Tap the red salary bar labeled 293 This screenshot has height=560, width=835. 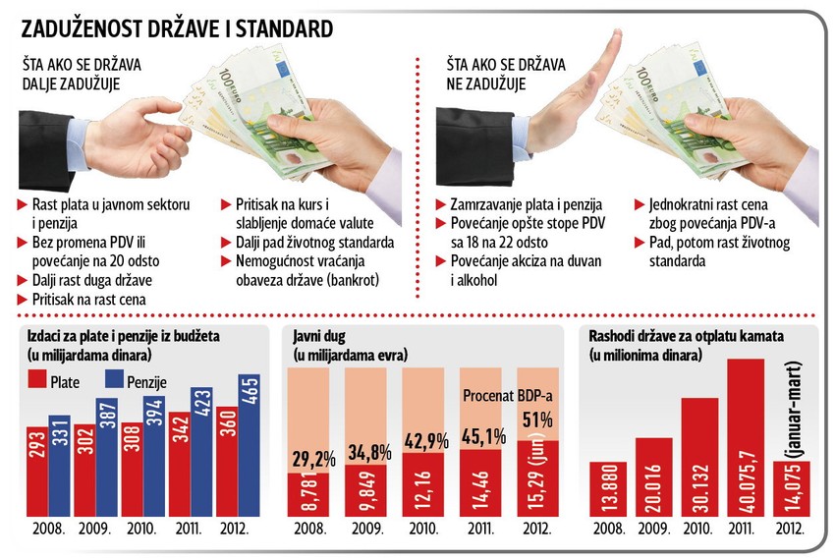click(x=36, y=472)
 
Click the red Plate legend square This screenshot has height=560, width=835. click(x=34, y=380)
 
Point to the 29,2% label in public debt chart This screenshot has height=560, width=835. click(x=307, y=459)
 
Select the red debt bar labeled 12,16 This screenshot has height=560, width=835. click(x=423, y=484)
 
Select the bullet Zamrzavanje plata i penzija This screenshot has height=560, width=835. click(x=513, y=206)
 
